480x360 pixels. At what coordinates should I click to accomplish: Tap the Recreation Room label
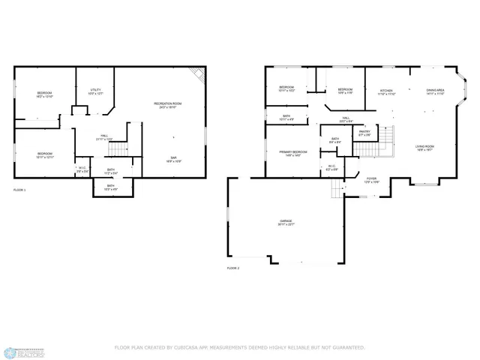click(167, 105)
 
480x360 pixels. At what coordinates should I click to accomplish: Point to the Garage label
click(286, 223)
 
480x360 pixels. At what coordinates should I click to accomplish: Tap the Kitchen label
click(386, 91)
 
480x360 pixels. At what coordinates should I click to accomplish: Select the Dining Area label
click(436, 91)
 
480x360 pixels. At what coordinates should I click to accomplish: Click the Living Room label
click(425, 148)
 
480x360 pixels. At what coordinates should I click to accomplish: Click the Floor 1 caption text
click(19, 190)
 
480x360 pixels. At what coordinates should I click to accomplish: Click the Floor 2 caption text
click(232, 268)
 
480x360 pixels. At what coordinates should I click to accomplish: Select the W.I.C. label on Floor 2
click(331, 167)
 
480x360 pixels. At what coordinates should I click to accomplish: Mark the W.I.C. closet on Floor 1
click(82, 169)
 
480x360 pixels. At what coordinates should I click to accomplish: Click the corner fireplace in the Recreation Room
click(199, 74)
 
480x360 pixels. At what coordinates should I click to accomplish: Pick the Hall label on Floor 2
click(346, 118)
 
